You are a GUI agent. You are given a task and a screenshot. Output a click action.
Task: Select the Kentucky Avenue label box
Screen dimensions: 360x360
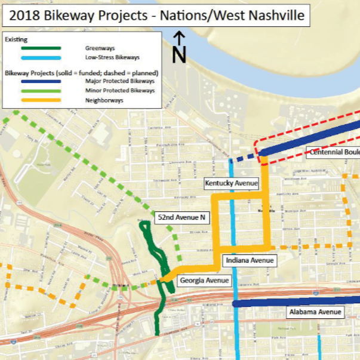pos(231,183)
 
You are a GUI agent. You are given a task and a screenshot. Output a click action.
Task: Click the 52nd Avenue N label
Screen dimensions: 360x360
pos(181,217)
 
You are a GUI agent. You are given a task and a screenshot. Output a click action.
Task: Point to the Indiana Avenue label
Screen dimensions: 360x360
pos(250,261)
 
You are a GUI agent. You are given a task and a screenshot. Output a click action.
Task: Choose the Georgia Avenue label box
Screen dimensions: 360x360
pos(204,280)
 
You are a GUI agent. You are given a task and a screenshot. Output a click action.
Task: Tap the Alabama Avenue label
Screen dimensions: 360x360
pos(315,312)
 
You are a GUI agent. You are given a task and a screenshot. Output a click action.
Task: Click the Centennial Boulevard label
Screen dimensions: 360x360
pos(333,152)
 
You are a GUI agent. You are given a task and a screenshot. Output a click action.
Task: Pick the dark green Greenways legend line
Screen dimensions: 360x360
pos(40,48)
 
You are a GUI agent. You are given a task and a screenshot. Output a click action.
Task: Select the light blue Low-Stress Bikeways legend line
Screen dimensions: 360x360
pos(40,57)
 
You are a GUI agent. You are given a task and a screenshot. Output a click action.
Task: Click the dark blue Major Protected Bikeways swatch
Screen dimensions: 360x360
pos(40,81)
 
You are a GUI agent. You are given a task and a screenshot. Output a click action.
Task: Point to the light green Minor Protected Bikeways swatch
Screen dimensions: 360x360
pos(40,91)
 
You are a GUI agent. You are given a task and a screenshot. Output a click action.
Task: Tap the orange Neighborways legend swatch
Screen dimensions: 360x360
pos(40,100)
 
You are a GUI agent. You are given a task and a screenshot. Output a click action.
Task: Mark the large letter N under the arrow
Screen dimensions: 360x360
pos(179,55)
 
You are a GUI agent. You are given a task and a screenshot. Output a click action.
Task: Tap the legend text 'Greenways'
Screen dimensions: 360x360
pos(100,48)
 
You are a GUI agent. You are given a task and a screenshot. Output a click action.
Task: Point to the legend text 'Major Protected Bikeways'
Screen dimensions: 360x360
pos(120,81)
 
